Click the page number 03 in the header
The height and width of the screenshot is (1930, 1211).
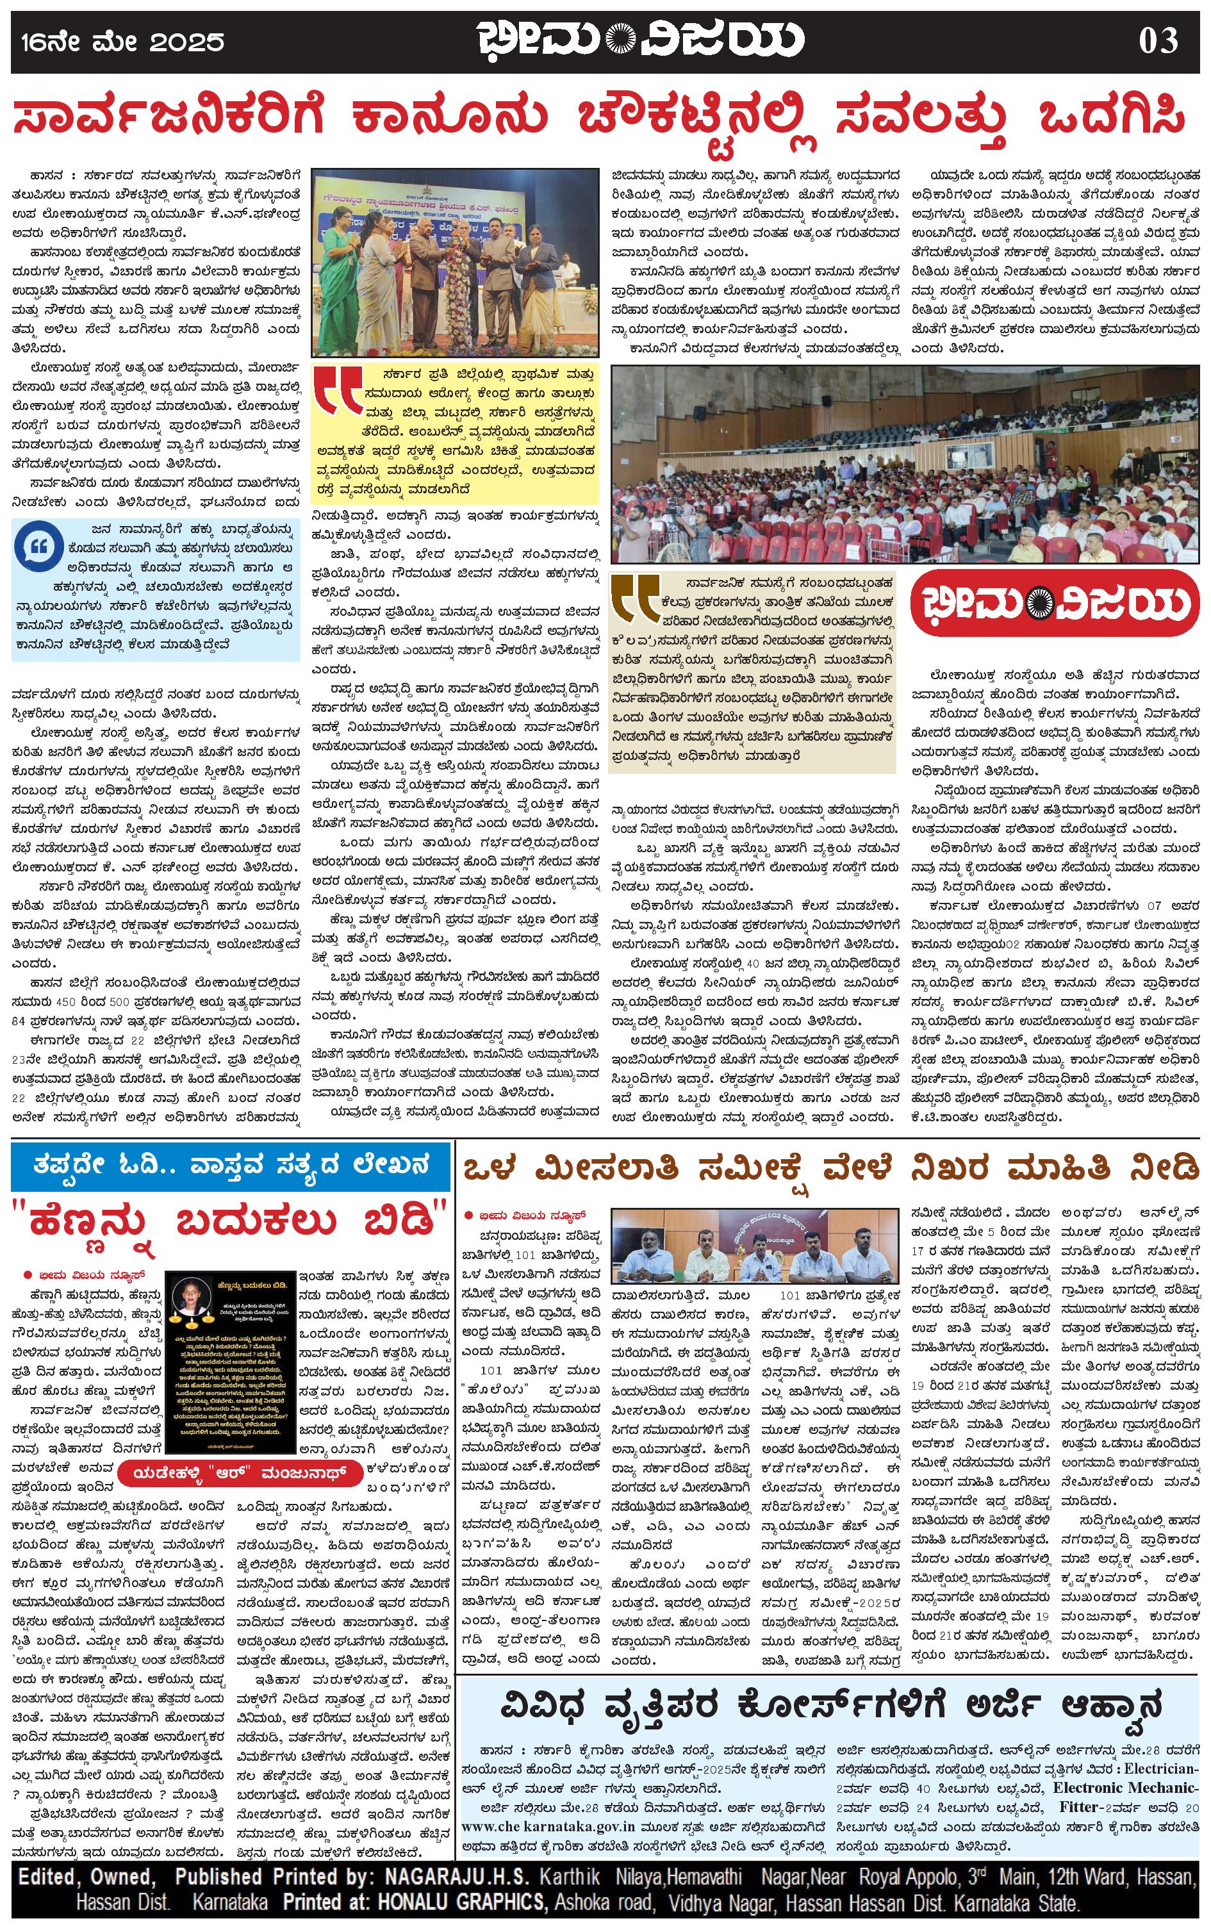1157,41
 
